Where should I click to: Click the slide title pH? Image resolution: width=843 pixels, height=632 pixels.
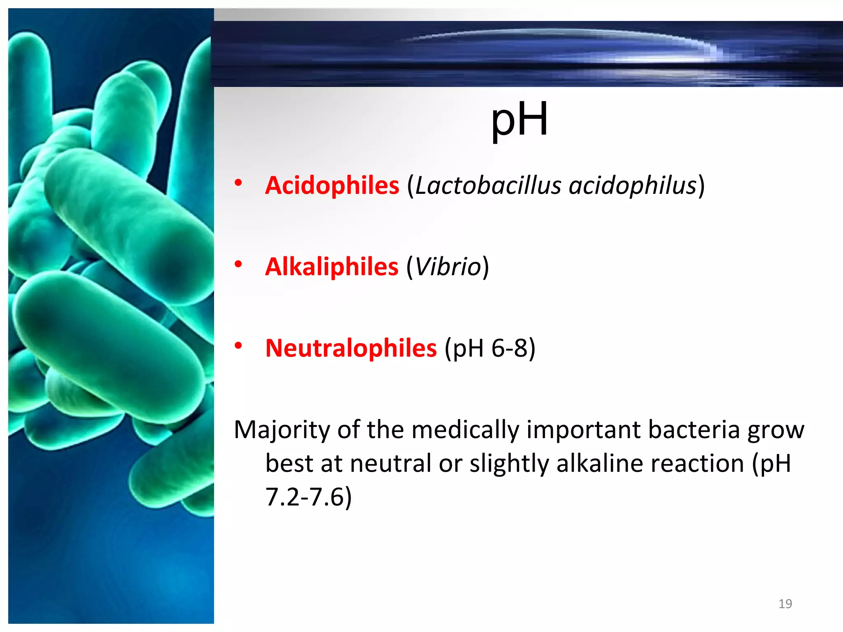tap(519, 119)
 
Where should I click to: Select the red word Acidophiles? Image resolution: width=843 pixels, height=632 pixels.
tap(332, 185)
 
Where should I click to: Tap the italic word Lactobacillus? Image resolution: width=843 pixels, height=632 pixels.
tap(488, 185)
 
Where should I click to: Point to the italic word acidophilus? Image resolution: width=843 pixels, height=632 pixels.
tap(633, 185)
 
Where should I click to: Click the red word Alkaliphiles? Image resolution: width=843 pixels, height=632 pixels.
tap(332, 267)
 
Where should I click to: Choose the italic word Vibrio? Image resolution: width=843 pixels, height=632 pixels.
tap(448, 267)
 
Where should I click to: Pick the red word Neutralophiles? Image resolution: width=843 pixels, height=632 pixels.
tap(351, 348)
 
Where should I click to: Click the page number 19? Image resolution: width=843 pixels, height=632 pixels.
tap(785, 604)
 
